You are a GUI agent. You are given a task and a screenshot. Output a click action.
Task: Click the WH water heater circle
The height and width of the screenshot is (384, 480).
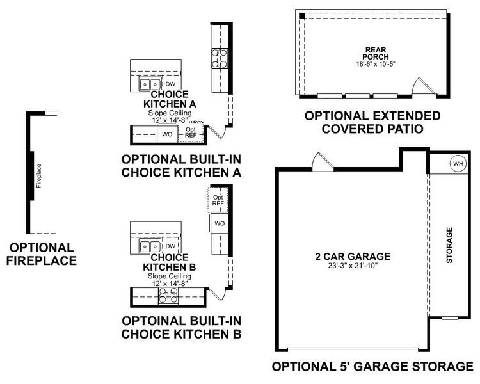[x=458, y=163]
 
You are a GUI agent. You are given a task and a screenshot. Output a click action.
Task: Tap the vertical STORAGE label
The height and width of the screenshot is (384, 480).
[x=449, y=245]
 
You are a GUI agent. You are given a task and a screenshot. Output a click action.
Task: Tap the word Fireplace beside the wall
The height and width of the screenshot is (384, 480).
[x=39, y=175]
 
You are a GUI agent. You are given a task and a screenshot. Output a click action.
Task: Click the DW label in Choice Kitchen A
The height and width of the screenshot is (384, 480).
[x=170, y=84]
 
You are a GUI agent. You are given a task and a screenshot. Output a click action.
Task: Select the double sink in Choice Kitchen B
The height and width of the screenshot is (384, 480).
[x=151, y=246]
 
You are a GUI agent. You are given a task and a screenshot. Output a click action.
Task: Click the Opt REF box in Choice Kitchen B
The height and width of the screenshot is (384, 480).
[x=218, y=200]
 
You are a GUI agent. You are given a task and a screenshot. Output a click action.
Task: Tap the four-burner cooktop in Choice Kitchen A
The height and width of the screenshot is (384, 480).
[x=220, y=58]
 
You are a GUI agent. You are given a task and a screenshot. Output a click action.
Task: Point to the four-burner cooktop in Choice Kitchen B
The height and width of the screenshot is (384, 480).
[x=169, y=295]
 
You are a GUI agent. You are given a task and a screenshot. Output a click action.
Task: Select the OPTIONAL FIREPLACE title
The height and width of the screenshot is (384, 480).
[x=42, y=253]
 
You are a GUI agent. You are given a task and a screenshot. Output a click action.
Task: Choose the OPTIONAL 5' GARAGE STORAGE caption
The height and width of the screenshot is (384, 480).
[x=372, y=367]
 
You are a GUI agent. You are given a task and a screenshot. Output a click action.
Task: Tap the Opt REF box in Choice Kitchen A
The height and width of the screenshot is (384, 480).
[x=190, y=132]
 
